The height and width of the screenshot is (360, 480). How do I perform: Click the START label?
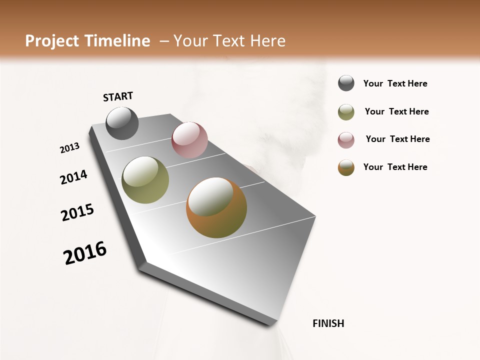118,96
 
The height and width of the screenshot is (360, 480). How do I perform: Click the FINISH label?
328,323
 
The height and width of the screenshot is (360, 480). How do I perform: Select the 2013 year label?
70,148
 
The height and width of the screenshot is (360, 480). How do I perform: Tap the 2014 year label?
73,177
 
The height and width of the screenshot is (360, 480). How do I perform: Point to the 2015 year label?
77,212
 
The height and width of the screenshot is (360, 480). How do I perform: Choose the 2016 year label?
85,253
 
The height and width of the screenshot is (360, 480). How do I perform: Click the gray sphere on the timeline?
122,123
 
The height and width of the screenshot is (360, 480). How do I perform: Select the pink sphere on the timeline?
189,140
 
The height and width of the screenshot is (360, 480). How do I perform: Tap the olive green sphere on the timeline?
145,180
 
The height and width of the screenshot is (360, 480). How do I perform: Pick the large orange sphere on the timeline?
216,207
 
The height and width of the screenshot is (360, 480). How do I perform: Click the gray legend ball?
346,83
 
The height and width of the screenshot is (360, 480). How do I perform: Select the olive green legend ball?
346,112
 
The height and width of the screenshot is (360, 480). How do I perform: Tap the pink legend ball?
346,139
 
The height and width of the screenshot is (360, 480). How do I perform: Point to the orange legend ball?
346,167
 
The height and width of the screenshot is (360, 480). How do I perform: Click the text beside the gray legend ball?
395,84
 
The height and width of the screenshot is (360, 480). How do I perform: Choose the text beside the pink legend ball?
397,139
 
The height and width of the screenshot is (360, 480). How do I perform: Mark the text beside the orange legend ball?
395,167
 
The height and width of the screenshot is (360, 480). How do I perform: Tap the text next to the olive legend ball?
396,111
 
